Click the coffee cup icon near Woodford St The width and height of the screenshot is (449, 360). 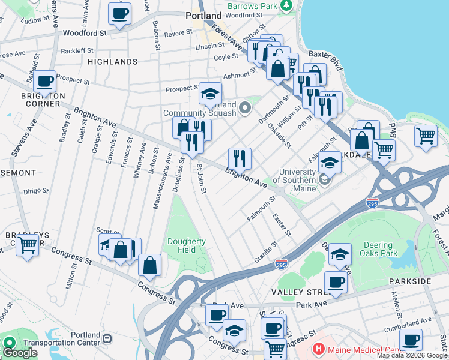click(119, 14)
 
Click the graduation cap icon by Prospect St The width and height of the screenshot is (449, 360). click(210, 94)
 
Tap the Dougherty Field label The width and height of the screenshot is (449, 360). click(187, 245)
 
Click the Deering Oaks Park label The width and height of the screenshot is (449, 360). click(378, 249)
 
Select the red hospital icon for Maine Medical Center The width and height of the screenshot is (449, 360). click(318, 348)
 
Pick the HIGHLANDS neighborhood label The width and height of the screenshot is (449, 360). click(112, 62)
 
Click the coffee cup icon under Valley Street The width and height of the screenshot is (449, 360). click(336, 283)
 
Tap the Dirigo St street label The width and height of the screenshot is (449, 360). click(35, 191)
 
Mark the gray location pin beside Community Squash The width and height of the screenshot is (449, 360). click(244, 108)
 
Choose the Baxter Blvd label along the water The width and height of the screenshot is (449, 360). click(331, 61)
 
